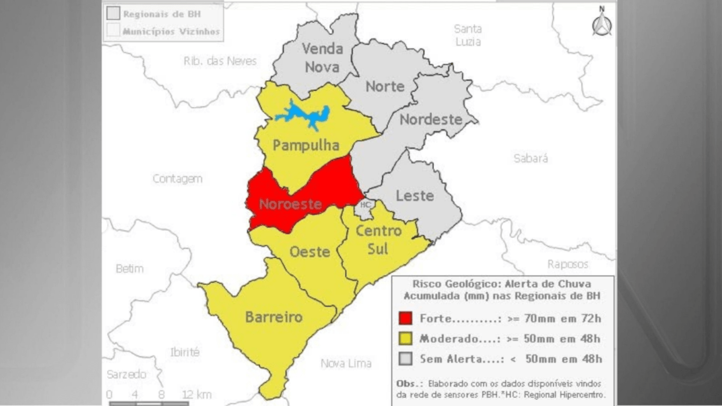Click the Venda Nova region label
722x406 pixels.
[322, 58]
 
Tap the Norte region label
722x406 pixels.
[385, 87]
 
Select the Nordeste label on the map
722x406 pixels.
[431, 119]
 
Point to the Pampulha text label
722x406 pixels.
[306, 145]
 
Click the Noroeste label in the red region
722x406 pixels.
[290, 204]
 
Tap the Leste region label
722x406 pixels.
[415, 196]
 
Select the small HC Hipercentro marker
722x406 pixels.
[365, 205]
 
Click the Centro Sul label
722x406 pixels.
[378, 240]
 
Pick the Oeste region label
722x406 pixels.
[310, 251]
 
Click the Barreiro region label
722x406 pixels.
[274, 317]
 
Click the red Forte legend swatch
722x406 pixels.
[406, 318]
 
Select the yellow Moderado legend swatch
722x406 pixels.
[406, 339]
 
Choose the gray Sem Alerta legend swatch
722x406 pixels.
[406, 359]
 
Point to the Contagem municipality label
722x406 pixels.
[177, 179]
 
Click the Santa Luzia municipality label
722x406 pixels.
[468, 35]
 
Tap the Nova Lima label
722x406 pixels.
[346, 363]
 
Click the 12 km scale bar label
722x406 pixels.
[196, 395]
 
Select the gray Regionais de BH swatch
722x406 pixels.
[112, 13]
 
